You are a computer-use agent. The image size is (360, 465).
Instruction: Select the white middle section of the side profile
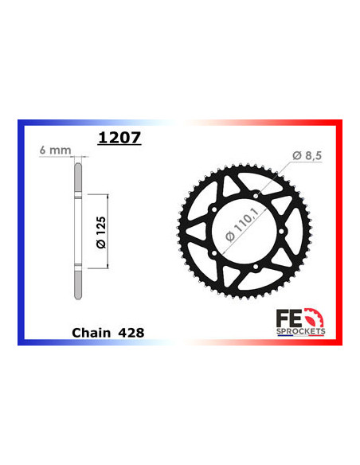point(78,231)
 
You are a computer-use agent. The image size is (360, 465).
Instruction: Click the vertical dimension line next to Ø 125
point(107,231)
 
